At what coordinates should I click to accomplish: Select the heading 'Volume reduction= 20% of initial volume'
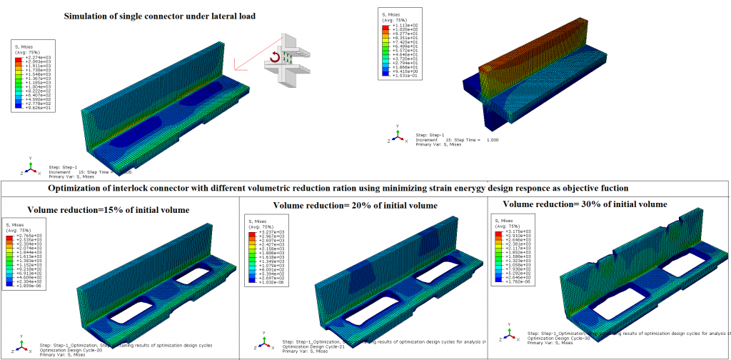click(x=355, y=205)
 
